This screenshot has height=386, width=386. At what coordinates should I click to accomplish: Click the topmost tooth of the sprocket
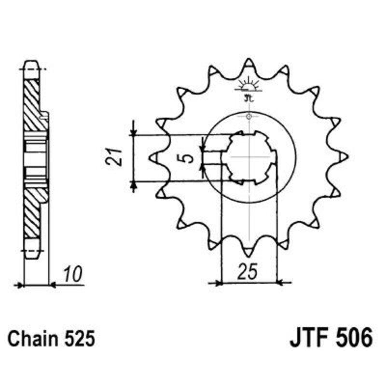coord(249,63)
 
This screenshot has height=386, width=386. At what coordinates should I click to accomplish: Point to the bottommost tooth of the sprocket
coord(249,251)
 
